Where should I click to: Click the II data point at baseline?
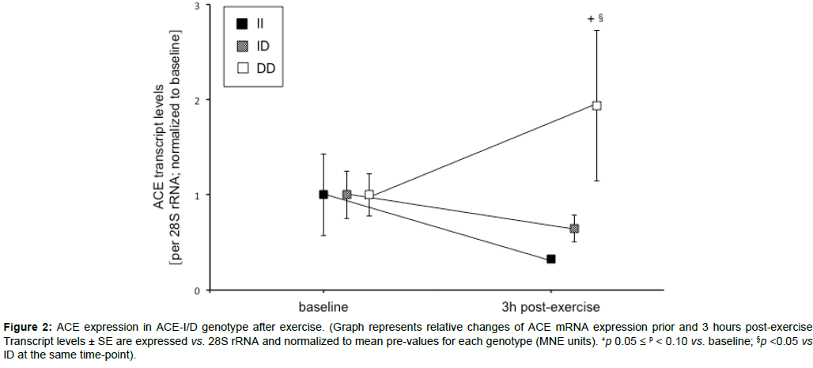click(323, 194)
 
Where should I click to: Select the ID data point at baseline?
click(346, 194)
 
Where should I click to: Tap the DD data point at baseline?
click(369, 194)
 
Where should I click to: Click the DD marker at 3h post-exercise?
click(597, 105)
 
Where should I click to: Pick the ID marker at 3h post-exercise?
click(574, 229)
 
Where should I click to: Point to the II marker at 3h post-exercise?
click(551, 259)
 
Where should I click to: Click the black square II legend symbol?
click(242, 23)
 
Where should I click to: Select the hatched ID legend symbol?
click(242, 46)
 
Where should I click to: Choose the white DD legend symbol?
click(242, 69)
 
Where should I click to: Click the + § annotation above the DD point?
click(596, 17)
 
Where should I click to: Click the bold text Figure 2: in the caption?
click(28, 328)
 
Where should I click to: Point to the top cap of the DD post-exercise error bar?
click(597, 30)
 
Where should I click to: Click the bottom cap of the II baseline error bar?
click(323, 235)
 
